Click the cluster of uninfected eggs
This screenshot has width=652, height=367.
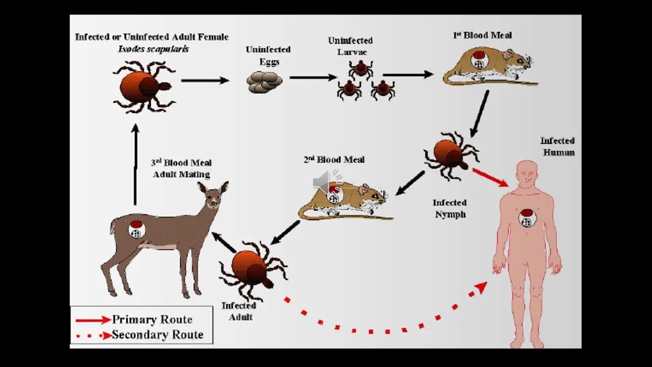264,82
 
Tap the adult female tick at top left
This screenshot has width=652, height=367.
143,87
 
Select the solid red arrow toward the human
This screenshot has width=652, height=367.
490,177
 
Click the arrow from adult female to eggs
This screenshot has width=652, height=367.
205,80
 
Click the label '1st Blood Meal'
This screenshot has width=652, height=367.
482,35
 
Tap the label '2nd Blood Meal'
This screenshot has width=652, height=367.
334,160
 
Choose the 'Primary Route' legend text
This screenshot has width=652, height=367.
152,320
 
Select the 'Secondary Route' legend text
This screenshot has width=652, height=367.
157,335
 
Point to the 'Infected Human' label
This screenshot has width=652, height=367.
558,146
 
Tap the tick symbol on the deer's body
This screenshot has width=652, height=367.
136,229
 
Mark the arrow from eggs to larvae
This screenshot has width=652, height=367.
313,77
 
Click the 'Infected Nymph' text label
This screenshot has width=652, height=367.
450,208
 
